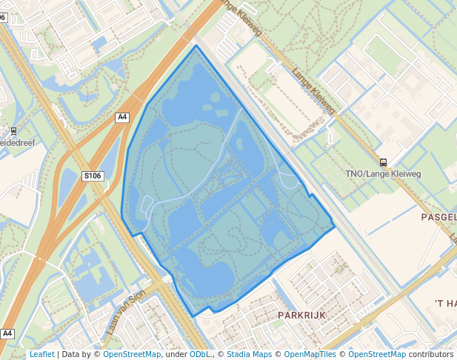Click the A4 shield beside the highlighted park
pos(122,117)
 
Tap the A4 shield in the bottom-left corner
pos(7,333)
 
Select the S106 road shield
pos(92,176)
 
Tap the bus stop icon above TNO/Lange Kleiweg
pos(383,162)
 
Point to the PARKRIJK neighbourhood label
pos(301,315)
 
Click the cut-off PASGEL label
pos(438,217)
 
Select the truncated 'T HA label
pos(444,303)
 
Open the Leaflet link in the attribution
pos(41,354)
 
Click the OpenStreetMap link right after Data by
pos(132,354)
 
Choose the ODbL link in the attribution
pos(200,354)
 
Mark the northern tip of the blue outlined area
pos(196,46)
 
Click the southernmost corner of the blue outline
pos(194,317)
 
